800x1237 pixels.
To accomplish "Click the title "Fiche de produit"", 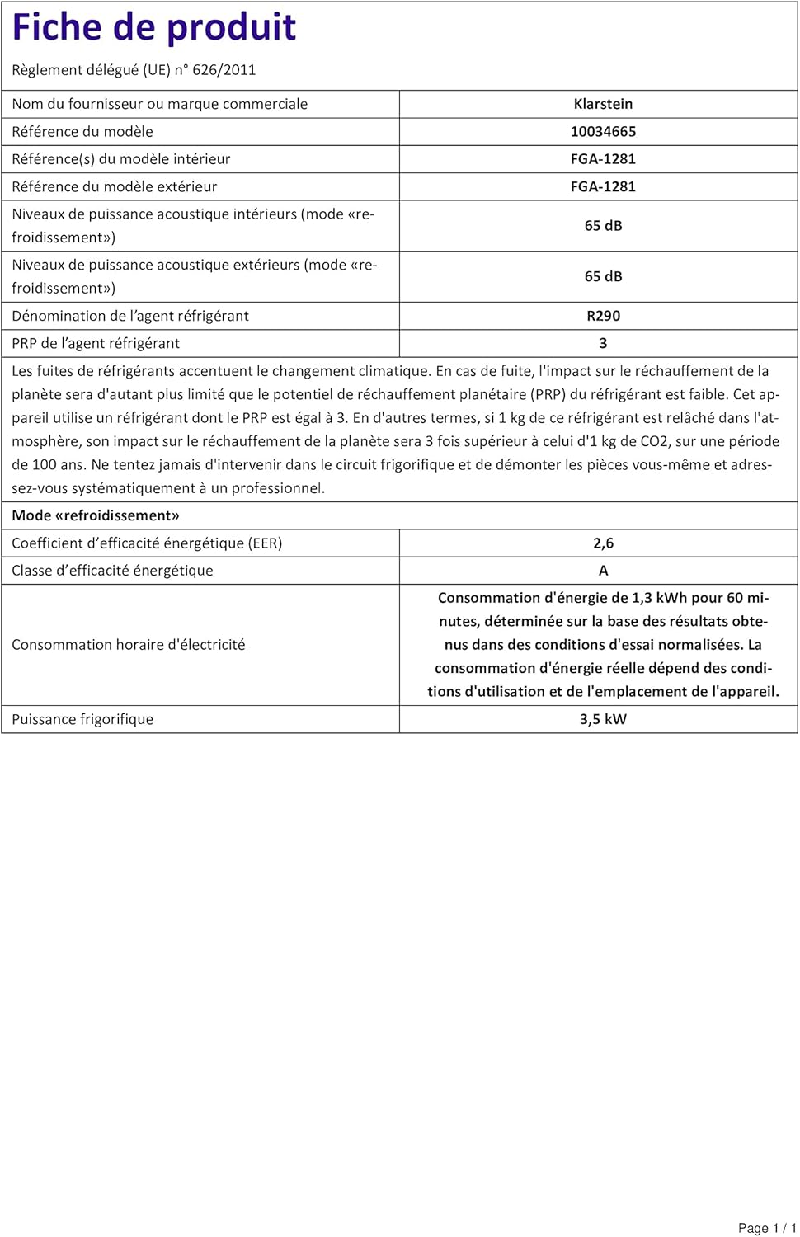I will coord(154,28).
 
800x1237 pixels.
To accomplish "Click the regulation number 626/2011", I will coord(224,70).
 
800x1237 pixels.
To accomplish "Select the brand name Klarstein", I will coord(603,104).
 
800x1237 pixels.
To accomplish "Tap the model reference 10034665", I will coord(603,132).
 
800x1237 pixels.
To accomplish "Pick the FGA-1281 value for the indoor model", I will coord(603,159).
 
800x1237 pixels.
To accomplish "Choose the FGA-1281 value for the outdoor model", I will coord(603,187).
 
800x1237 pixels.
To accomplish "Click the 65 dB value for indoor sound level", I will coord(603,226).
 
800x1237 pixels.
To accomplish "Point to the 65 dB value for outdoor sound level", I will coord(603,277).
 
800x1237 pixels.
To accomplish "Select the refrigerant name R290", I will coord(603,316).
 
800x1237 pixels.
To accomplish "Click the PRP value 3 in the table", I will coord(603,344).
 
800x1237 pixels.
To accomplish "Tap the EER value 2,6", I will coord(603,543).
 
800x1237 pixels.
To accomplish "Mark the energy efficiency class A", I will coord(603,571).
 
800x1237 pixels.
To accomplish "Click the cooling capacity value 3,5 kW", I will coord(603,719).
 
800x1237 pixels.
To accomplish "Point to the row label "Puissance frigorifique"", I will coord(82,719).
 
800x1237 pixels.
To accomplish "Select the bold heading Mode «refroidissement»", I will coord(96,515).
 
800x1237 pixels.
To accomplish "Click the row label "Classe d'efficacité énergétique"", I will coord(112,571).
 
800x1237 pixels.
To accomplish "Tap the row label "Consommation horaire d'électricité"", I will coord(128,645).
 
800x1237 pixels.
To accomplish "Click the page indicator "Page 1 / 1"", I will coord(766,1228).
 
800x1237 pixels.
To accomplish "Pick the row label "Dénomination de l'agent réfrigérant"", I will coord(130,316).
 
